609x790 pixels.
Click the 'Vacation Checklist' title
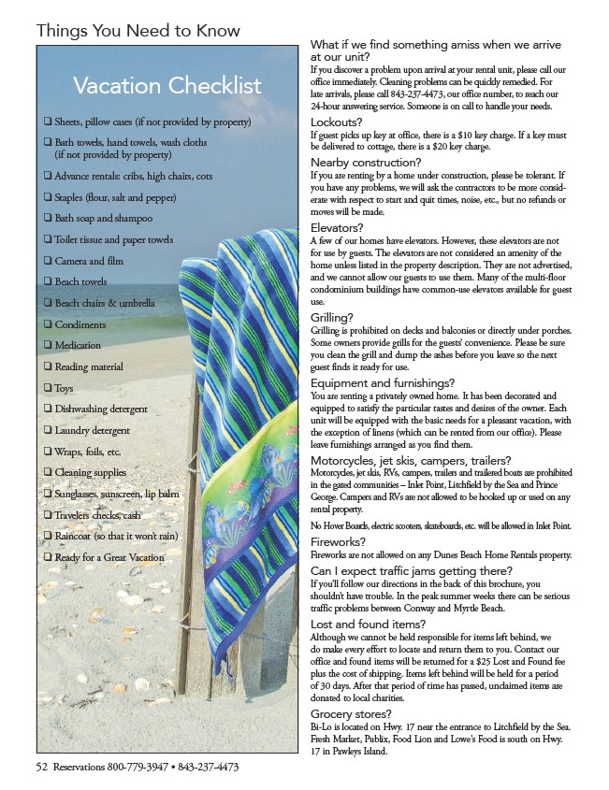[167, 87]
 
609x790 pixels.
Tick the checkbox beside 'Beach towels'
[47, 281]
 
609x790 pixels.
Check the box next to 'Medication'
[47, 345]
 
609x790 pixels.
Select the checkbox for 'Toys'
[47, 388]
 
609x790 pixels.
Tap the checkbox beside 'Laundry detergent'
[47, 430]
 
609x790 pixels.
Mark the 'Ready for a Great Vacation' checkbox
[47, 557]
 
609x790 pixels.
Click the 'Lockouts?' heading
[336, 122]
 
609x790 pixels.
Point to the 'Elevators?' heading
[337, 227]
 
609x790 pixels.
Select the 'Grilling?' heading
[334, 317]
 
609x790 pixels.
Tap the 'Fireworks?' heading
[338, 541]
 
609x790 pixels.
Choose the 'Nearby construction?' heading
[366, 162]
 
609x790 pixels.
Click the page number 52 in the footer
[42, 767]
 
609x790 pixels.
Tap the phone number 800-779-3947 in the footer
[132, 767]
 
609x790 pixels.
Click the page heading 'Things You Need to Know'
[138, 32]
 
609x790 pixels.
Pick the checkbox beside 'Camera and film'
[47, 261]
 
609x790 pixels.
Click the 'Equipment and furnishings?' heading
[383, 382]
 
